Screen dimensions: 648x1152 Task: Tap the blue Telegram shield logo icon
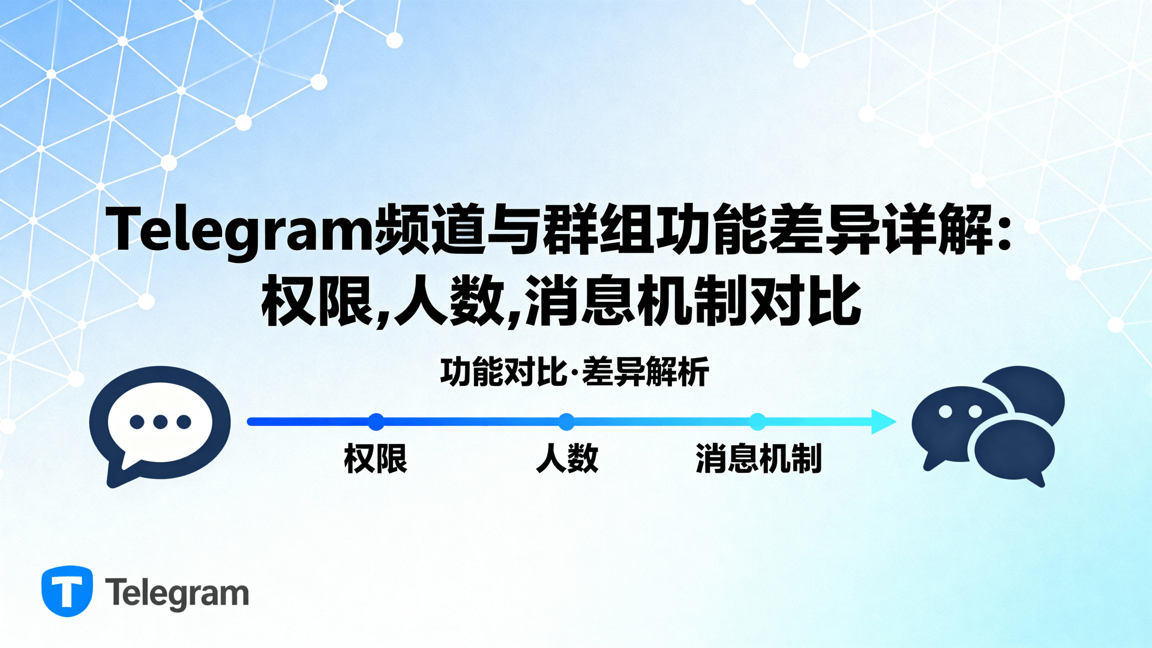[x=67, y=591]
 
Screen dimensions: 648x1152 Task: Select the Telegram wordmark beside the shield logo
[x=177, y=593]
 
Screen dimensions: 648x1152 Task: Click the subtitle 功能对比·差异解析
[x=574, y=372]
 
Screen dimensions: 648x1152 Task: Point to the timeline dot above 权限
[x=376, y=422]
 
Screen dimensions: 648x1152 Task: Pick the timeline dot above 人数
[x=566, y=422]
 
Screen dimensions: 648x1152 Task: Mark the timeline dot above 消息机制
[x=758, y=422]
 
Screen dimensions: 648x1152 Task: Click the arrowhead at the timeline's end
[x=884, y=422]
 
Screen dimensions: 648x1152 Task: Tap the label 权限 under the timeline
[x=376, y=459]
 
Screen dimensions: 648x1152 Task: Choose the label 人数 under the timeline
[x=567, y=459]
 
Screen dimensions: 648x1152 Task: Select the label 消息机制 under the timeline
[x=758, y=459]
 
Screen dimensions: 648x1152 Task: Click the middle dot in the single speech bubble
[x=160, y=422]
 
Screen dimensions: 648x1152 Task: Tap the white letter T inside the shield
[x=67, y=591]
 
